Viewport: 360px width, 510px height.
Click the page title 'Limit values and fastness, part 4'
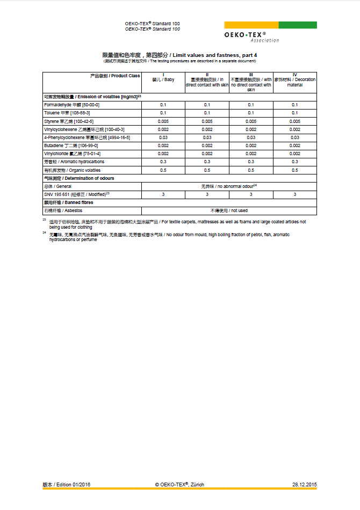(180, 55)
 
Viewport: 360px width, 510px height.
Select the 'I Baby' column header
(163, 78)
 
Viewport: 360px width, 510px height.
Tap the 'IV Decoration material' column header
(294, 81)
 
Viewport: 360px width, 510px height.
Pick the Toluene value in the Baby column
(163, 113)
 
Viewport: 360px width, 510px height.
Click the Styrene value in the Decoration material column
(294, 121)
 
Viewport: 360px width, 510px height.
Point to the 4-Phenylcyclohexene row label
(87, 137)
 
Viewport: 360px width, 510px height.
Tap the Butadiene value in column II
(207, 145)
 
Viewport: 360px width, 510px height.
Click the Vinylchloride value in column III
(251, 154)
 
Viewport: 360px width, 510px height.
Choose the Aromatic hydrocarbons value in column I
(163, 162)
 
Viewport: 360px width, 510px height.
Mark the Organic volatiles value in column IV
(294, 170)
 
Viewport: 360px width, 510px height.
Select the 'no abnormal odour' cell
(229, 186)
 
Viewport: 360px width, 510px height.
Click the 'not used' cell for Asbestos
(229, 210)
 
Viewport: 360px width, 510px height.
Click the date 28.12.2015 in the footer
(305, 484)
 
